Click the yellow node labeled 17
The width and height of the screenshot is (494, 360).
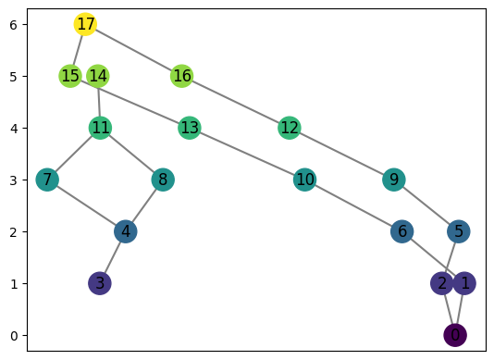(x=86, y=24)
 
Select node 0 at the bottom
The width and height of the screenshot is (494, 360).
(x=454, y=335)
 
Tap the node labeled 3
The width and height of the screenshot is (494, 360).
(x=100, y=283)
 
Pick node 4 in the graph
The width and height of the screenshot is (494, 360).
(x=126, y=231)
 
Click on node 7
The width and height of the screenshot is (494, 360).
(x=48, y=180)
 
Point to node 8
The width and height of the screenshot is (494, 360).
(x=163, y=180)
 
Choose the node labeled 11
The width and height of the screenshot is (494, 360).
(x=101, y=128)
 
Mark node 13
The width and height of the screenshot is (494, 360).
(x=190, y=128)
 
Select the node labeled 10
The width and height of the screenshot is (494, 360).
(x=305, y=180)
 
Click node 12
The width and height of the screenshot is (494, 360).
(x=290, y=128)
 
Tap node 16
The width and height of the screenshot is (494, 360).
(x=182, y=76)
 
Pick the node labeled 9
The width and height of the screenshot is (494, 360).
(x=394, y=180)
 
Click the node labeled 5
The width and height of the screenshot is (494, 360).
(x=458, y=231)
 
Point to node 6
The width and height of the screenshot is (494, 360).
(x=401, y=231)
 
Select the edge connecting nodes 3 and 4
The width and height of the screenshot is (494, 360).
(x=113, y=257)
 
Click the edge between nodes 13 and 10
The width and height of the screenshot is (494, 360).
(x=247, y=154)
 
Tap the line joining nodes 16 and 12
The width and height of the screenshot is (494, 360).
(x=236, y=102)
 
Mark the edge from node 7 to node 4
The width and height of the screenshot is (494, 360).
(x=87, y=205)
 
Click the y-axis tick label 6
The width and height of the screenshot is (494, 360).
(x=14, y=24)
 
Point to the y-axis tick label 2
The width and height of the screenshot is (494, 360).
(x=14, y=231)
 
